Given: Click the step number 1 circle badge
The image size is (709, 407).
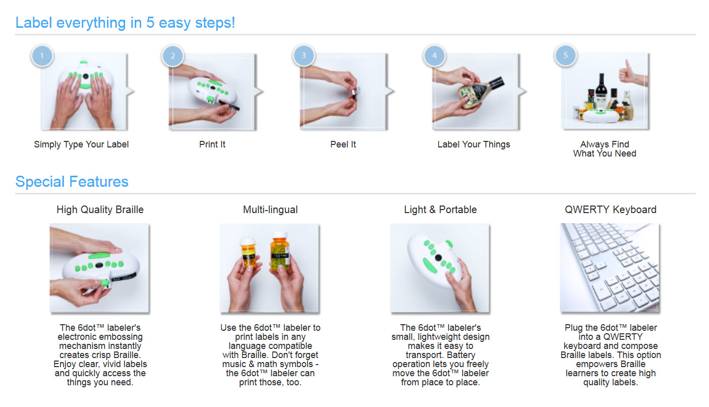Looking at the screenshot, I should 42,56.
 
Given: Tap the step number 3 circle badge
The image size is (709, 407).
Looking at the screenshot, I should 304,56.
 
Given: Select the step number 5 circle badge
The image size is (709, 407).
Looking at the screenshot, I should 565,56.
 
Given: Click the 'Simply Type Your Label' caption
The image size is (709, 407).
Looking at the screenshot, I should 81,144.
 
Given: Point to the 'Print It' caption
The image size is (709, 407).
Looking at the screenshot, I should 212,144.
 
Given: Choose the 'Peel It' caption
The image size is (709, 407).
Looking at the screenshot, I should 343,144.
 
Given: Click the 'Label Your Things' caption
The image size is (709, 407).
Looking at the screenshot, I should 474,144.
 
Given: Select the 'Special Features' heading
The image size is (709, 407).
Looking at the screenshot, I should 72,182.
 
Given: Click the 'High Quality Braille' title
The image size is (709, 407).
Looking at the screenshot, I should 100,210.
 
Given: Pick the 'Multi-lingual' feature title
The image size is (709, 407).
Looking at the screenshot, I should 270,210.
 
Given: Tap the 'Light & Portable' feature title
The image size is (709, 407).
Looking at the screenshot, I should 440,210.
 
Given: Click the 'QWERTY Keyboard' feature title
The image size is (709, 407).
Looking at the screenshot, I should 611,210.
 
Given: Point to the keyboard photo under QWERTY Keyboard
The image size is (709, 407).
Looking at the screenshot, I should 610,268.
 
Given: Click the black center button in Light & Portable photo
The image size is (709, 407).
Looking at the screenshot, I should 438,258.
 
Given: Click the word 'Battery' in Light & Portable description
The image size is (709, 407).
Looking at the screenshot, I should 456,355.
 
